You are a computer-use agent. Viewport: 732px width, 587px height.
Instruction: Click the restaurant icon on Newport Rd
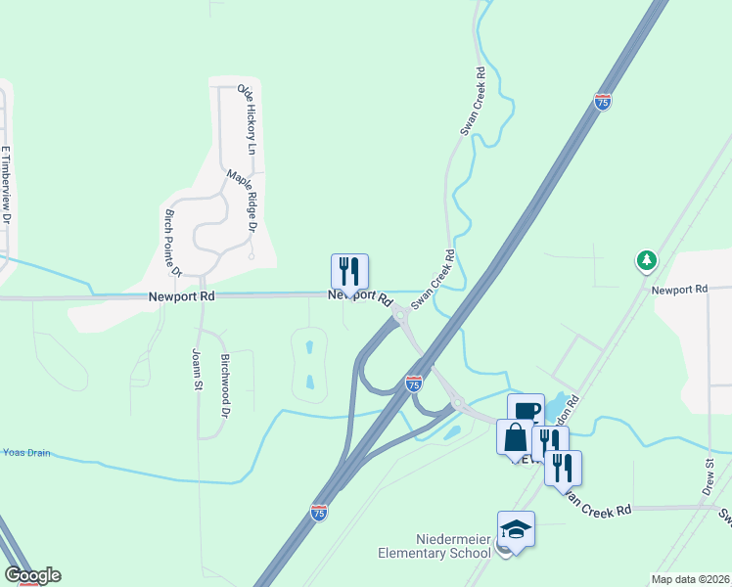(x=349, y=271)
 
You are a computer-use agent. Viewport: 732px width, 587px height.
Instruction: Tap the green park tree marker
(x=645, y=260)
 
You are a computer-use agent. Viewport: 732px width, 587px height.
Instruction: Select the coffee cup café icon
(x=526, y=411)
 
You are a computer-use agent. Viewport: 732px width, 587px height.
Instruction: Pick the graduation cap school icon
(x=516, y=530)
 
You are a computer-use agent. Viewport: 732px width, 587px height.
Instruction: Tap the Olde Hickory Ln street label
(x=247, y=119)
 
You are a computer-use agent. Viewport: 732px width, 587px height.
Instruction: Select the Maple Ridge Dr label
(x=241, y=200)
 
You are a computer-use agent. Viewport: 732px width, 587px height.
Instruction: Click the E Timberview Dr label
(x=6, y=187)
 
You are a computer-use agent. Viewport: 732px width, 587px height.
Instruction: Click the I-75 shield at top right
(x=603, y=102)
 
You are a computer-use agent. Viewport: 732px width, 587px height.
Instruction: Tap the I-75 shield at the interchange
(x=414, y=384)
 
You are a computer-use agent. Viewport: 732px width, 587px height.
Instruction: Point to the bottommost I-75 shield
(x=318, y=512)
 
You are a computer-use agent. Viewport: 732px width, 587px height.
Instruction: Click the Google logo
(x=32, y=575)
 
